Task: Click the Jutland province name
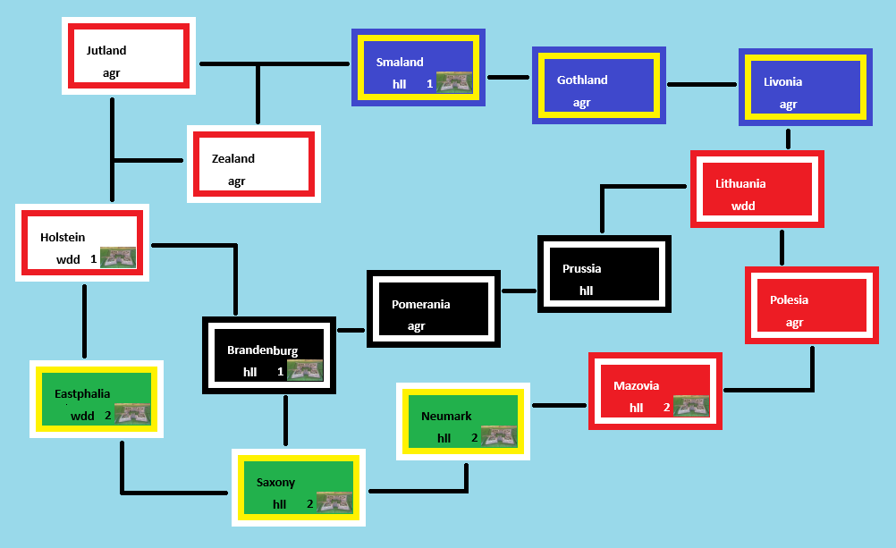point(106,51)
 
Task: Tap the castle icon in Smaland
point(454,82)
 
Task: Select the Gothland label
point(582,80)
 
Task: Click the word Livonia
point(782,82)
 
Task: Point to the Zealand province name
point(233,159)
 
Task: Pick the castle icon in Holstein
point(118,257)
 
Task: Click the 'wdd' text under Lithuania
point(743,207)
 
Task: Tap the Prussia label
point(581,269)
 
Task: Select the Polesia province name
point(789,300)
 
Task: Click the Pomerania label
point(420,305)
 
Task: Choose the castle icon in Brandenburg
point(305,370)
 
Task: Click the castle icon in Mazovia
point(691,406)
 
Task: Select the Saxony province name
point(275,483)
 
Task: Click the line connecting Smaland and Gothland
point(508,78)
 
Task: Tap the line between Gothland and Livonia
point(702,85)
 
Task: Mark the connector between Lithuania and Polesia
point(782,247)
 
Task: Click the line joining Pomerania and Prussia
point(519,291)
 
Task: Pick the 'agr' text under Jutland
point(111,73)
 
